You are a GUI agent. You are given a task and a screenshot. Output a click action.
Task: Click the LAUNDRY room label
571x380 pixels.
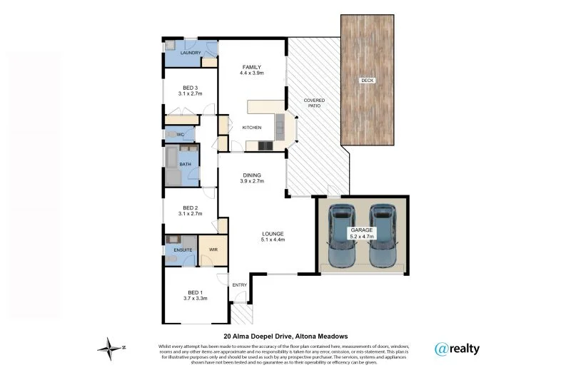(190, 53)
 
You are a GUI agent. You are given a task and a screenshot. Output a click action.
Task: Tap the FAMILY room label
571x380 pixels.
(251, 66)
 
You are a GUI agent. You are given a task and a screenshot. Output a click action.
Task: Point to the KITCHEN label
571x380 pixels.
(252, 128)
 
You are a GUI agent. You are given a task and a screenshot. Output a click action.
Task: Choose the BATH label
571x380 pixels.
(185, 165)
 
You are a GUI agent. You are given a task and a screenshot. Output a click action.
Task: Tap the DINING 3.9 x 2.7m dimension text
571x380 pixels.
(251, 181)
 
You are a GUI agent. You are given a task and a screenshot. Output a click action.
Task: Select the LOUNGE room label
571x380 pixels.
(273, 234)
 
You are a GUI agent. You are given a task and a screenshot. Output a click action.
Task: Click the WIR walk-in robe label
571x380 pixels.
(213, 250)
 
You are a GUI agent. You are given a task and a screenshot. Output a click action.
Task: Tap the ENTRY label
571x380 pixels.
(239, 285)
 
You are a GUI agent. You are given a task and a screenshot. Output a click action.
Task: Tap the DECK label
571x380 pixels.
(368, 81)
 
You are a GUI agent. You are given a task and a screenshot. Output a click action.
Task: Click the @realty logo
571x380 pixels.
(457, 349)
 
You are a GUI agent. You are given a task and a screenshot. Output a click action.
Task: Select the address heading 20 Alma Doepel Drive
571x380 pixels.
(266, 336)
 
